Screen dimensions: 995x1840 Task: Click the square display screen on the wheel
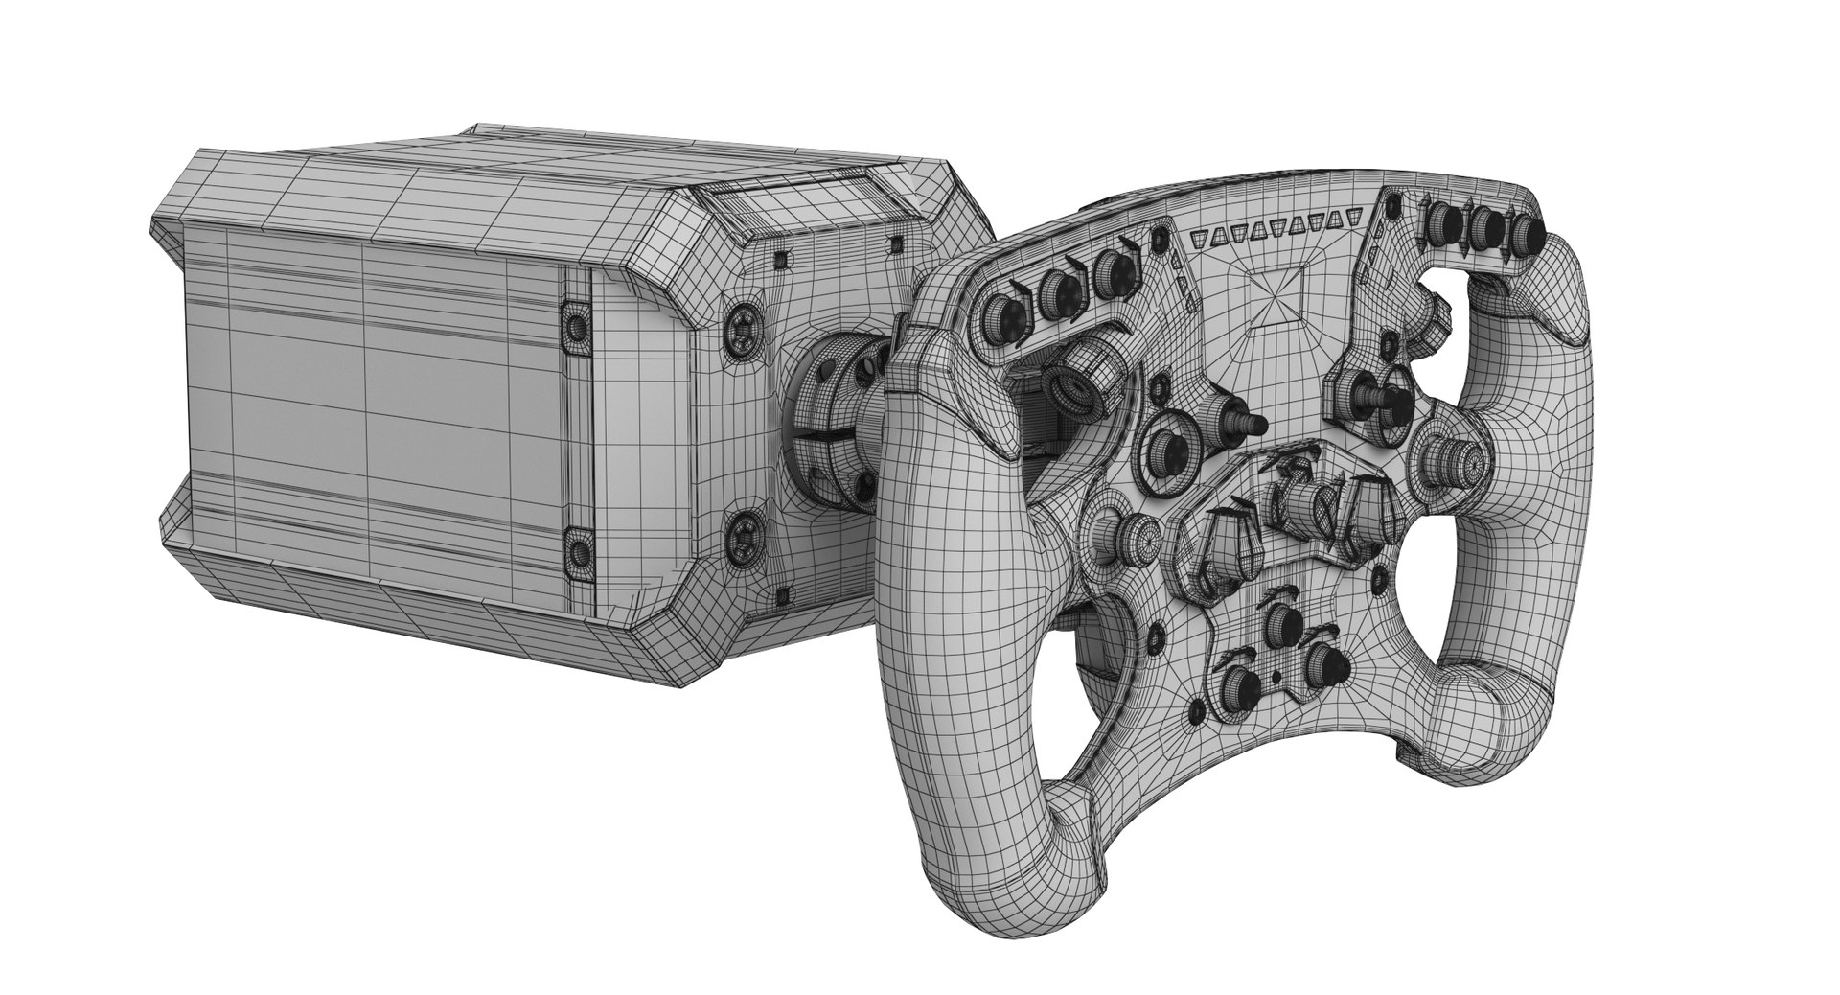(1279, 294)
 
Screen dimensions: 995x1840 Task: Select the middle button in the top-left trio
(1058, 289)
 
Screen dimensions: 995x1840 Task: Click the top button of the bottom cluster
(1279, 625)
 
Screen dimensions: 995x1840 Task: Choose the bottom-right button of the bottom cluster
(1324, 660)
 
